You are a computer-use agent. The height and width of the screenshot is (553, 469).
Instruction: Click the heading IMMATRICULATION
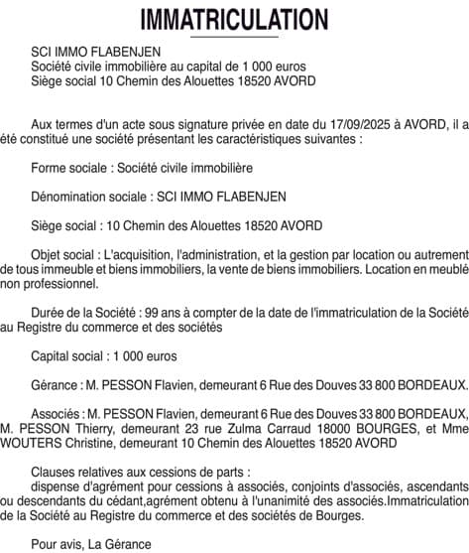tap(234, 19)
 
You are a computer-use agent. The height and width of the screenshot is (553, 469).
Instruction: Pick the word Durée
tap(50, 312)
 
